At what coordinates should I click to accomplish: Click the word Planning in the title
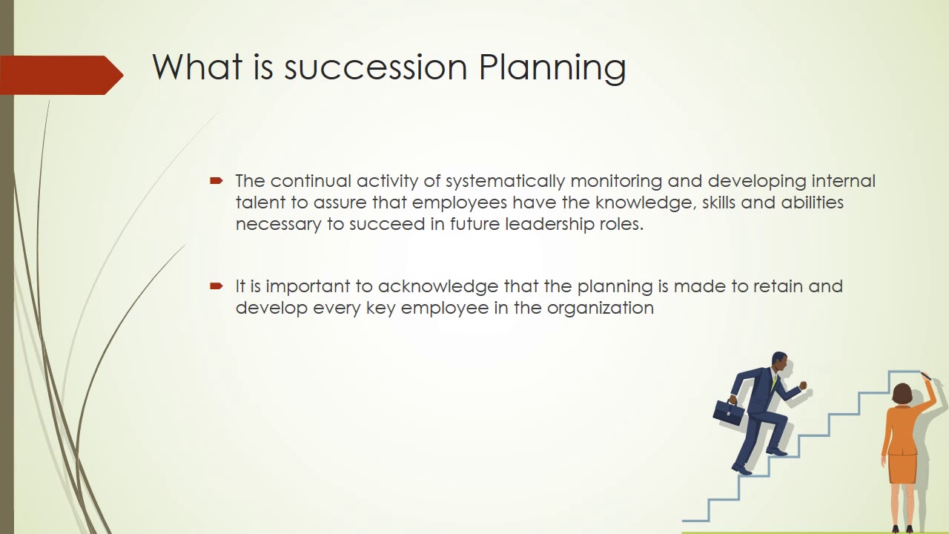[552, 67]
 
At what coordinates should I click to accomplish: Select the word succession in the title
[375, 67]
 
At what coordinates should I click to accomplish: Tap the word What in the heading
[197, 67]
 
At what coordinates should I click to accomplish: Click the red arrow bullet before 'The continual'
[216, 180]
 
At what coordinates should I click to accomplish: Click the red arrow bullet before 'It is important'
[216, 286]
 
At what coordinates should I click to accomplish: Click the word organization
[600, 308]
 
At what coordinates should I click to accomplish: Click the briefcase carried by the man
[728, 412]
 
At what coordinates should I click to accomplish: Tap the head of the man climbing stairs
[779, 363]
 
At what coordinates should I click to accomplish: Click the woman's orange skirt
[902, 467]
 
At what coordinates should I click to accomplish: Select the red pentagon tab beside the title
[59, 75]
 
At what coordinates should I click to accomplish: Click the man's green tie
[774, 383]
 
